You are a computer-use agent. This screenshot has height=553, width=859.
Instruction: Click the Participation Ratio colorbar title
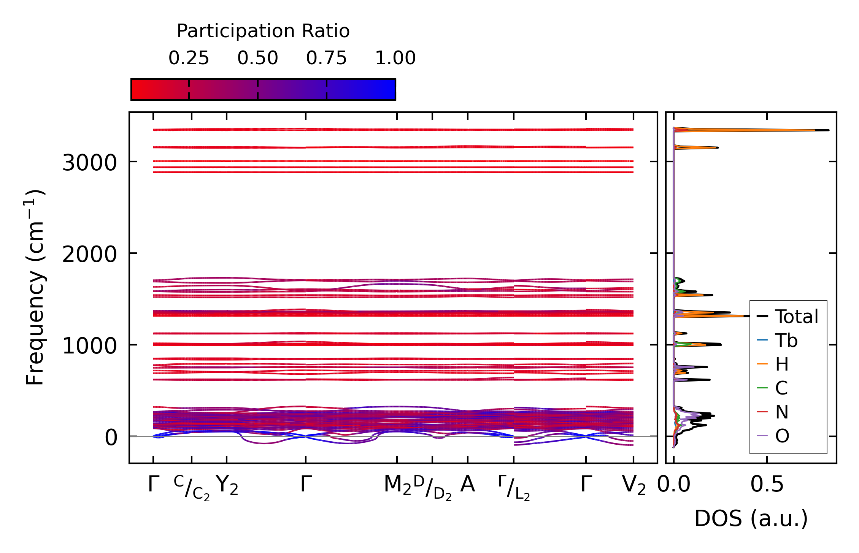point(263,31)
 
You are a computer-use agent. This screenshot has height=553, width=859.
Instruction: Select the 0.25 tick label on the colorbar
point(189,58)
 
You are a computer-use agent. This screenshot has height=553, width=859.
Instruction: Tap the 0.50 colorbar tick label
point(257,58)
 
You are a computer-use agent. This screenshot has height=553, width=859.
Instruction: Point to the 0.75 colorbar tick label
point(326,58)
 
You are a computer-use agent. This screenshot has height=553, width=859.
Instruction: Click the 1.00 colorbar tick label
point(395,58)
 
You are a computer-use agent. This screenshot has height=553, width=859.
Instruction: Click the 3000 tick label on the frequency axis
point(89,163)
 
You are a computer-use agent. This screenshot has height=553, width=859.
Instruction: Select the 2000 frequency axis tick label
point(89,254)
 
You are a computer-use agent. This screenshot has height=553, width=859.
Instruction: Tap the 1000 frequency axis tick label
point(89,346)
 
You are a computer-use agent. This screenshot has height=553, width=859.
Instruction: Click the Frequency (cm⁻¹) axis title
point(35,288)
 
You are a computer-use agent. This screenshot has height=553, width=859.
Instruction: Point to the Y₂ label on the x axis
point(227,485)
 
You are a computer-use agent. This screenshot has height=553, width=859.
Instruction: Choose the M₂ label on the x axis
point(397,485)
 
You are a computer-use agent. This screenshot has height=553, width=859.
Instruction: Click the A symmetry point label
point(467,485)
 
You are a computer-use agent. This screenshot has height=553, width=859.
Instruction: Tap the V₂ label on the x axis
point(634,485)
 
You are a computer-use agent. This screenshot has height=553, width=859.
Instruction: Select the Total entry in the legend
point(796,317)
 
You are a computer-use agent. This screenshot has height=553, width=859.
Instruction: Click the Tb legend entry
point(786,341)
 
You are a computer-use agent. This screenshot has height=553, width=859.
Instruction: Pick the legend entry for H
point(782,364)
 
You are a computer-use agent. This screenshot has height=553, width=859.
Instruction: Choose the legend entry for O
point(782,436)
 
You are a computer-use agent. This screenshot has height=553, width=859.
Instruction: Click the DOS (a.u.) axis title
point(751,518)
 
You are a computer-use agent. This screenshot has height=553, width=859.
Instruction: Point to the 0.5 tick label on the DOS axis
point(767,485)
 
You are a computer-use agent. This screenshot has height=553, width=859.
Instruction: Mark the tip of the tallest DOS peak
point(829,130)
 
